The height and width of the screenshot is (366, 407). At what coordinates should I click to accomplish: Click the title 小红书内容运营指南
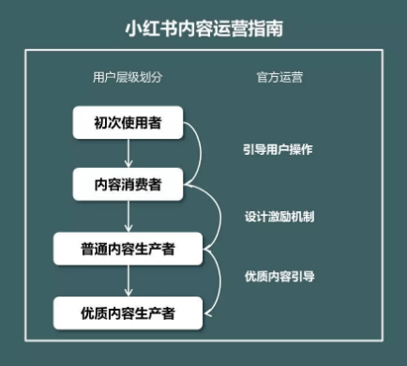pyautogui.click(x=203, y=28)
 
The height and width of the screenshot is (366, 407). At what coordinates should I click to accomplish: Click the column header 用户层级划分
pyautogui.click(x=128, y=77)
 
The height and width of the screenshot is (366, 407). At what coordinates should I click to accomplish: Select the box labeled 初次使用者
pyautogui.click(x=128, y=123)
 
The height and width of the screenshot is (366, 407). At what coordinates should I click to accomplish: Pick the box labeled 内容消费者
pyautogui.click(x=128, y=185)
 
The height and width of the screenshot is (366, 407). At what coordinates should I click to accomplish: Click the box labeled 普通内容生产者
pyautogui.click(x=128, y=249)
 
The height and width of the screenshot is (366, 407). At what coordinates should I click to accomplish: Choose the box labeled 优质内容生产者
pyautogui.click(x=128, y=312)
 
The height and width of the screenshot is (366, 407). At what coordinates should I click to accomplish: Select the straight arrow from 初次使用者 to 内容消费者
pyautogui.click(x=128, y=154)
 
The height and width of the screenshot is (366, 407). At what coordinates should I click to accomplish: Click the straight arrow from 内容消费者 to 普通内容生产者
pyautogui.click(x=128, y=217)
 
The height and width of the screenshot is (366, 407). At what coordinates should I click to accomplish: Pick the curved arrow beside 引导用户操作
pyautogui.click(x=200, y=155)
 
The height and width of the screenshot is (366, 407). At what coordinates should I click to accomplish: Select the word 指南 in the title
pyautogui.click(x=266, y=28)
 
